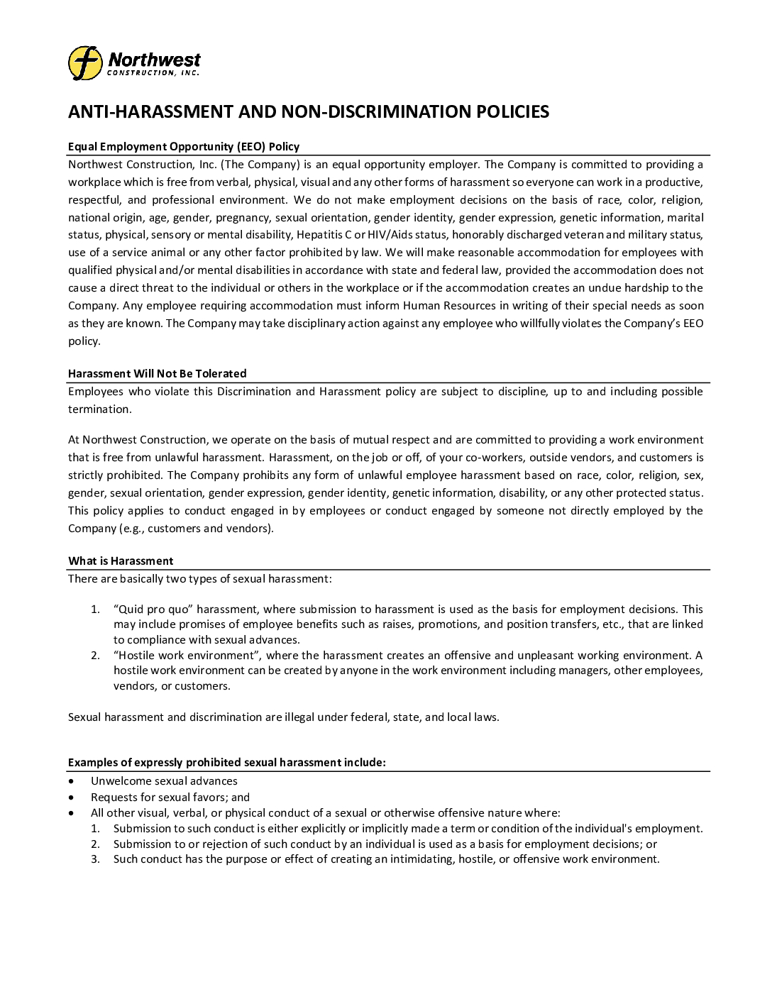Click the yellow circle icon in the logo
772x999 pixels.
(x=85, y=63)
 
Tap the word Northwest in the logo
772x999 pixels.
(x=154, y=59)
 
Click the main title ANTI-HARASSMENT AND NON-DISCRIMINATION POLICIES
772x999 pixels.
(x=308, y=111)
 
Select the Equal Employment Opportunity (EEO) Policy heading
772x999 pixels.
(x=184, y=147)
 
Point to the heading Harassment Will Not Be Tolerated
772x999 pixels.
(x=158, y=374)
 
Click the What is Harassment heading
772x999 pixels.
(x=121, y=561)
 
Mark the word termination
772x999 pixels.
(x=99, y=409)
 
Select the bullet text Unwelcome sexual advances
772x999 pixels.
(x=164, y=781)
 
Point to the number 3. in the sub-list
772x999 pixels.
(x=95, y=859)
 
